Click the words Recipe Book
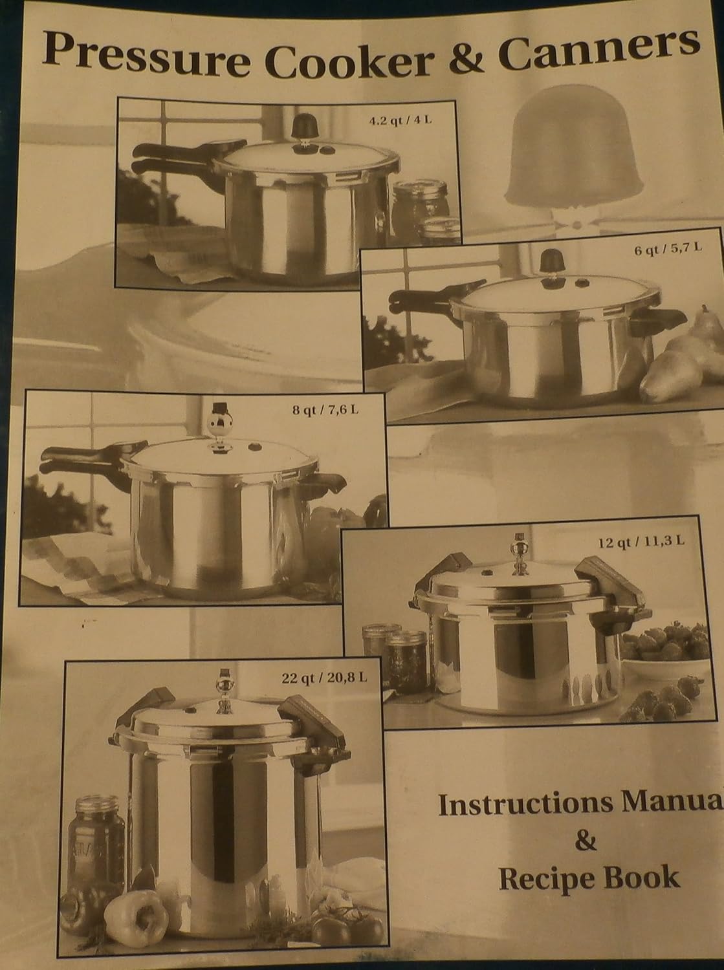589,878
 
